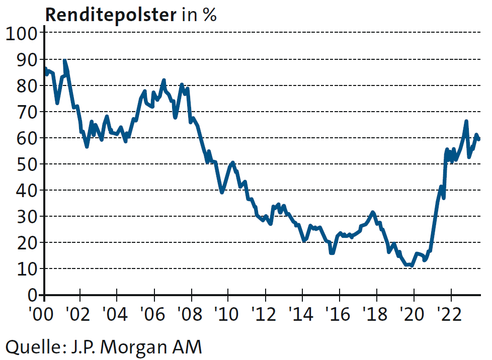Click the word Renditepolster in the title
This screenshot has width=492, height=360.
[110, 15]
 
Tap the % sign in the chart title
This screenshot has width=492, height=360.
[209, 15]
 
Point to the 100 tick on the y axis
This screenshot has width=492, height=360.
[21, 34]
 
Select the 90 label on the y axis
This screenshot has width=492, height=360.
[26, 60]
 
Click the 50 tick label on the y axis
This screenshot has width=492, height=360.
[26, 164]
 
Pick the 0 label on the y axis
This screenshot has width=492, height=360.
[33, 295]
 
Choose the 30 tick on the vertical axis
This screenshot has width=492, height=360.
[26, 217]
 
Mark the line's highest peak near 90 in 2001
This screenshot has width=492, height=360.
[64, 61]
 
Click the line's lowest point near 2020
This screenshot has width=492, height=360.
[412, 265]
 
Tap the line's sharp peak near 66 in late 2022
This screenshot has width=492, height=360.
[466, 121]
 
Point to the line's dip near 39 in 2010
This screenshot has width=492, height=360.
[222, 192]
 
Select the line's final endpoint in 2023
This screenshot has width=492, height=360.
[479, 139]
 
